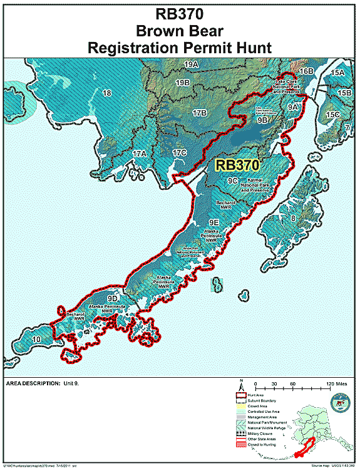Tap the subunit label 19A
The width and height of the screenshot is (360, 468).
point(191,65)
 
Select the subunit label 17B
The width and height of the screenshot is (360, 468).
point(200,113)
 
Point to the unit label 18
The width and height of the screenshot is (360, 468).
point(106,93)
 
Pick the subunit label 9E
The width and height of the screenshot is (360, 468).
point(213,222)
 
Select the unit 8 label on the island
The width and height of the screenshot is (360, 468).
point(292,218)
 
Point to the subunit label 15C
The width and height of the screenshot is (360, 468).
point(332,115)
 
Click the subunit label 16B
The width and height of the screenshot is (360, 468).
point(306,71)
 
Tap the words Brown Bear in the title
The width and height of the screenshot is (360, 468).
point(180,30)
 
